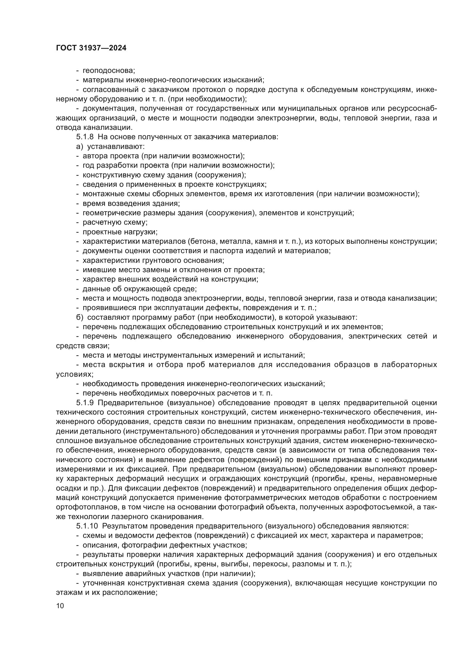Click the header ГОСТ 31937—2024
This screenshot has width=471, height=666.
[91, 48]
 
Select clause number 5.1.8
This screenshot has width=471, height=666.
[85, 137]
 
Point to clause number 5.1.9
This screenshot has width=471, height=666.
[85, 403]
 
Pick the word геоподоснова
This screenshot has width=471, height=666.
[109, 71]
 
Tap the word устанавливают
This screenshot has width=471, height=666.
[116, 146]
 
